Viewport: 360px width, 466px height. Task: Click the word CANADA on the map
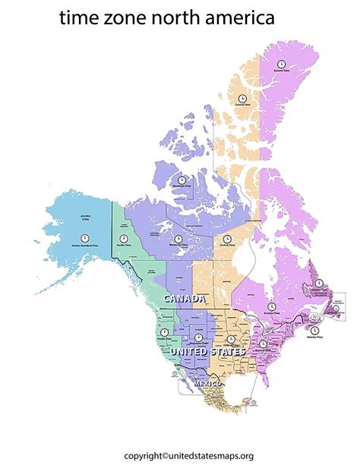pos(185,300)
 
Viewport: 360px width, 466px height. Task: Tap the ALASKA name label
pos(84,217)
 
